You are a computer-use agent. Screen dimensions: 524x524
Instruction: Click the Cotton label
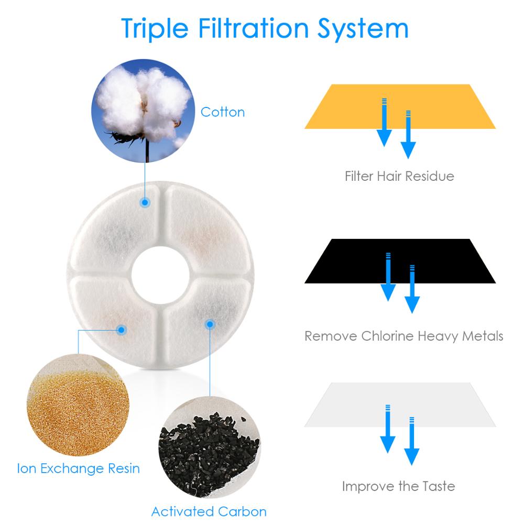[223, 112]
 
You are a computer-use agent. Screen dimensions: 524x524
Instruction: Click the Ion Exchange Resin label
[78, 467]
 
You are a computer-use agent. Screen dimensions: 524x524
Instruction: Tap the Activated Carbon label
[209, 511]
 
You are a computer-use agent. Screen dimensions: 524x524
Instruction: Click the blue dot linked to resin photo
[121, 330]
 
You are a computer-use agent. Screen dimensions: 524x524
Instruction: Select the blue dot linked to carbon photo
[210, 324]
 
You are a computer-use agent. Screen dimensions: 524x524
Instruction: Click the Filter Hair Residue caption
[399, 176]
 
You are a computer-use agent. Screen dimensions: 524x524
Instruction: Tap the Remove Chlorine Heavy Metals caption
[403, 335]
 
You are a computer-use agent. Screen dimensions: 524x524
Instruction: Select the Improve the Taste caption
[398, 486]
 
